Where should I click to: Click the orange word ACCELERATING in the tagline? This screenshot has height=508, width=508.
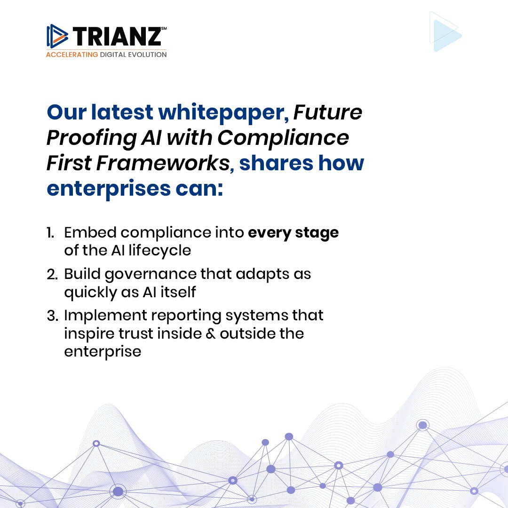point(72,55)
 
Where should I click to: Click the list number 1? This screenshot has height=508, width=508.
point(50,233)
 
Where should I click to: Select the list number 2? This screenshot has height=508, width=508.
point(51,274)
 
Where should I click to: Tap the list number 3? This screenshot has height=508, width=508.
point(51,315)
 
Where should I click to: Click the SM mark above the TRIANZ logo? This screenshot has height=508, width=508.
point(164,28)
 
